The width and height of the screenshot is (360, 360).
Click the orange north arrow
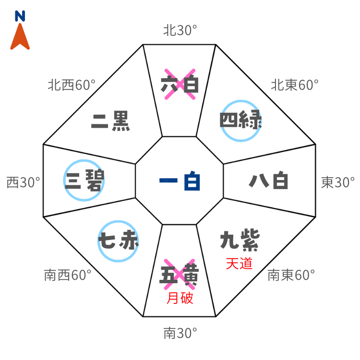click(20, 37)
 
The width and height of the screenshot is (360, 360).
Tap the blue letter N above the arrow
click(20, 17)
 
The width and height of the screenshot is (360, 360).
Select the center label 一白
click(180, 182)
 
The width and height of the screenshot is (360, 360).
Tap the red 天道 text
click(239, 264)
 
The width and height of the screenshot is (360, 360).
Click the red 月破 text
click(180, 299)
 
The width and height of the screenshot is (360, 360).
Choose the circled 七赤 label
click(119, 241)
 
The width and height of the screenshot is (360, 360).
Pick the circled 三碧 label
click(84, 180)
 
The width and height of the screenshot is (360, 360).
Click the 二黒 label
click(110, 121)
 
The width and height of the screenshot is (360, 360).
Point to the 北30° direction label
click(180, 31)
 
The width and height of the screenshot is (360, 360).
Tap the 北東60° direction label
click(295, 85)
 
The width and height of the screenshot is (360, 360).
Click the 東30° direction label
click(338, 182)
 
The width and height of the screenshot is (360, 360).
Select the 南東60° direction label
click(291, 276)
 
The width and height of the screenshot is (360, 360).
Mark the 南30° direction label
click(180, 333)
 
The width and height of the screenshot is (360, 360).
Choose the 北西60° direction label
click(71, 85)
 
